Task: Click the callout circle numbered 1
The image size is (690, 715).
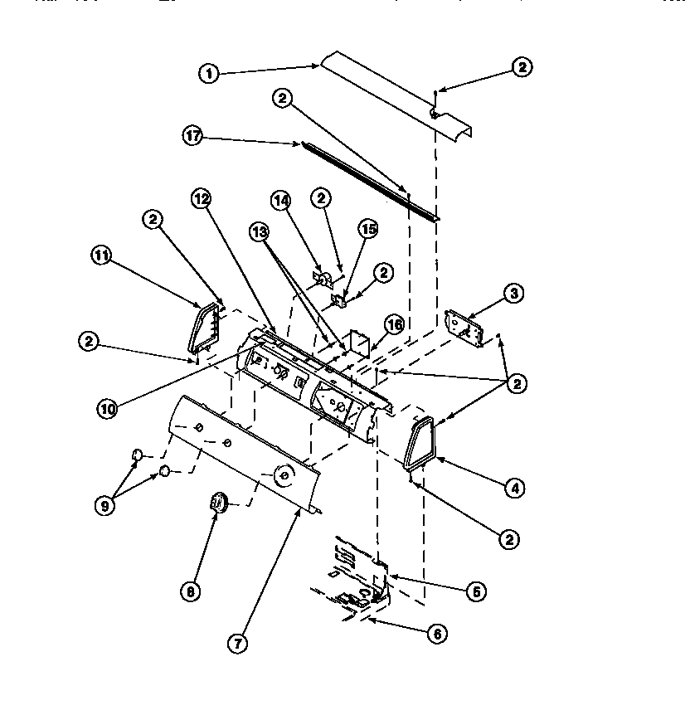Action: tap(209, 74)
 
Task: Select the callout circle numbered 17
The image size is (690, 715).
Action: tap(192, 136)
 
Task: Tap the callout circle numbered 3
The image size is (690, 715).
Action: tap(513, 292)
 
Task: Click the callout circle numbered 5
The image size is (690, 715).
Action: tap(475, 591)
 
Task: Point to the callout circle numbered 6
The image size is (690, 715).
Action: tap(437, 634)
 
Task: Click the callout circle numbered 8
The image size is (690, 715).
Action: tap(190, 591)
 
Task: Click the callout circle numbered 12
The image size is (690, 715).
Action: tap(202, 198)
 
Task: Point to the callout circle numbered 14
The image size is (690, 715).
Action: tap(282, 199)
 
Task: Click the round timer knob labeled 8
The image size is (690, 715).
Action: tap(219, 502)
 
